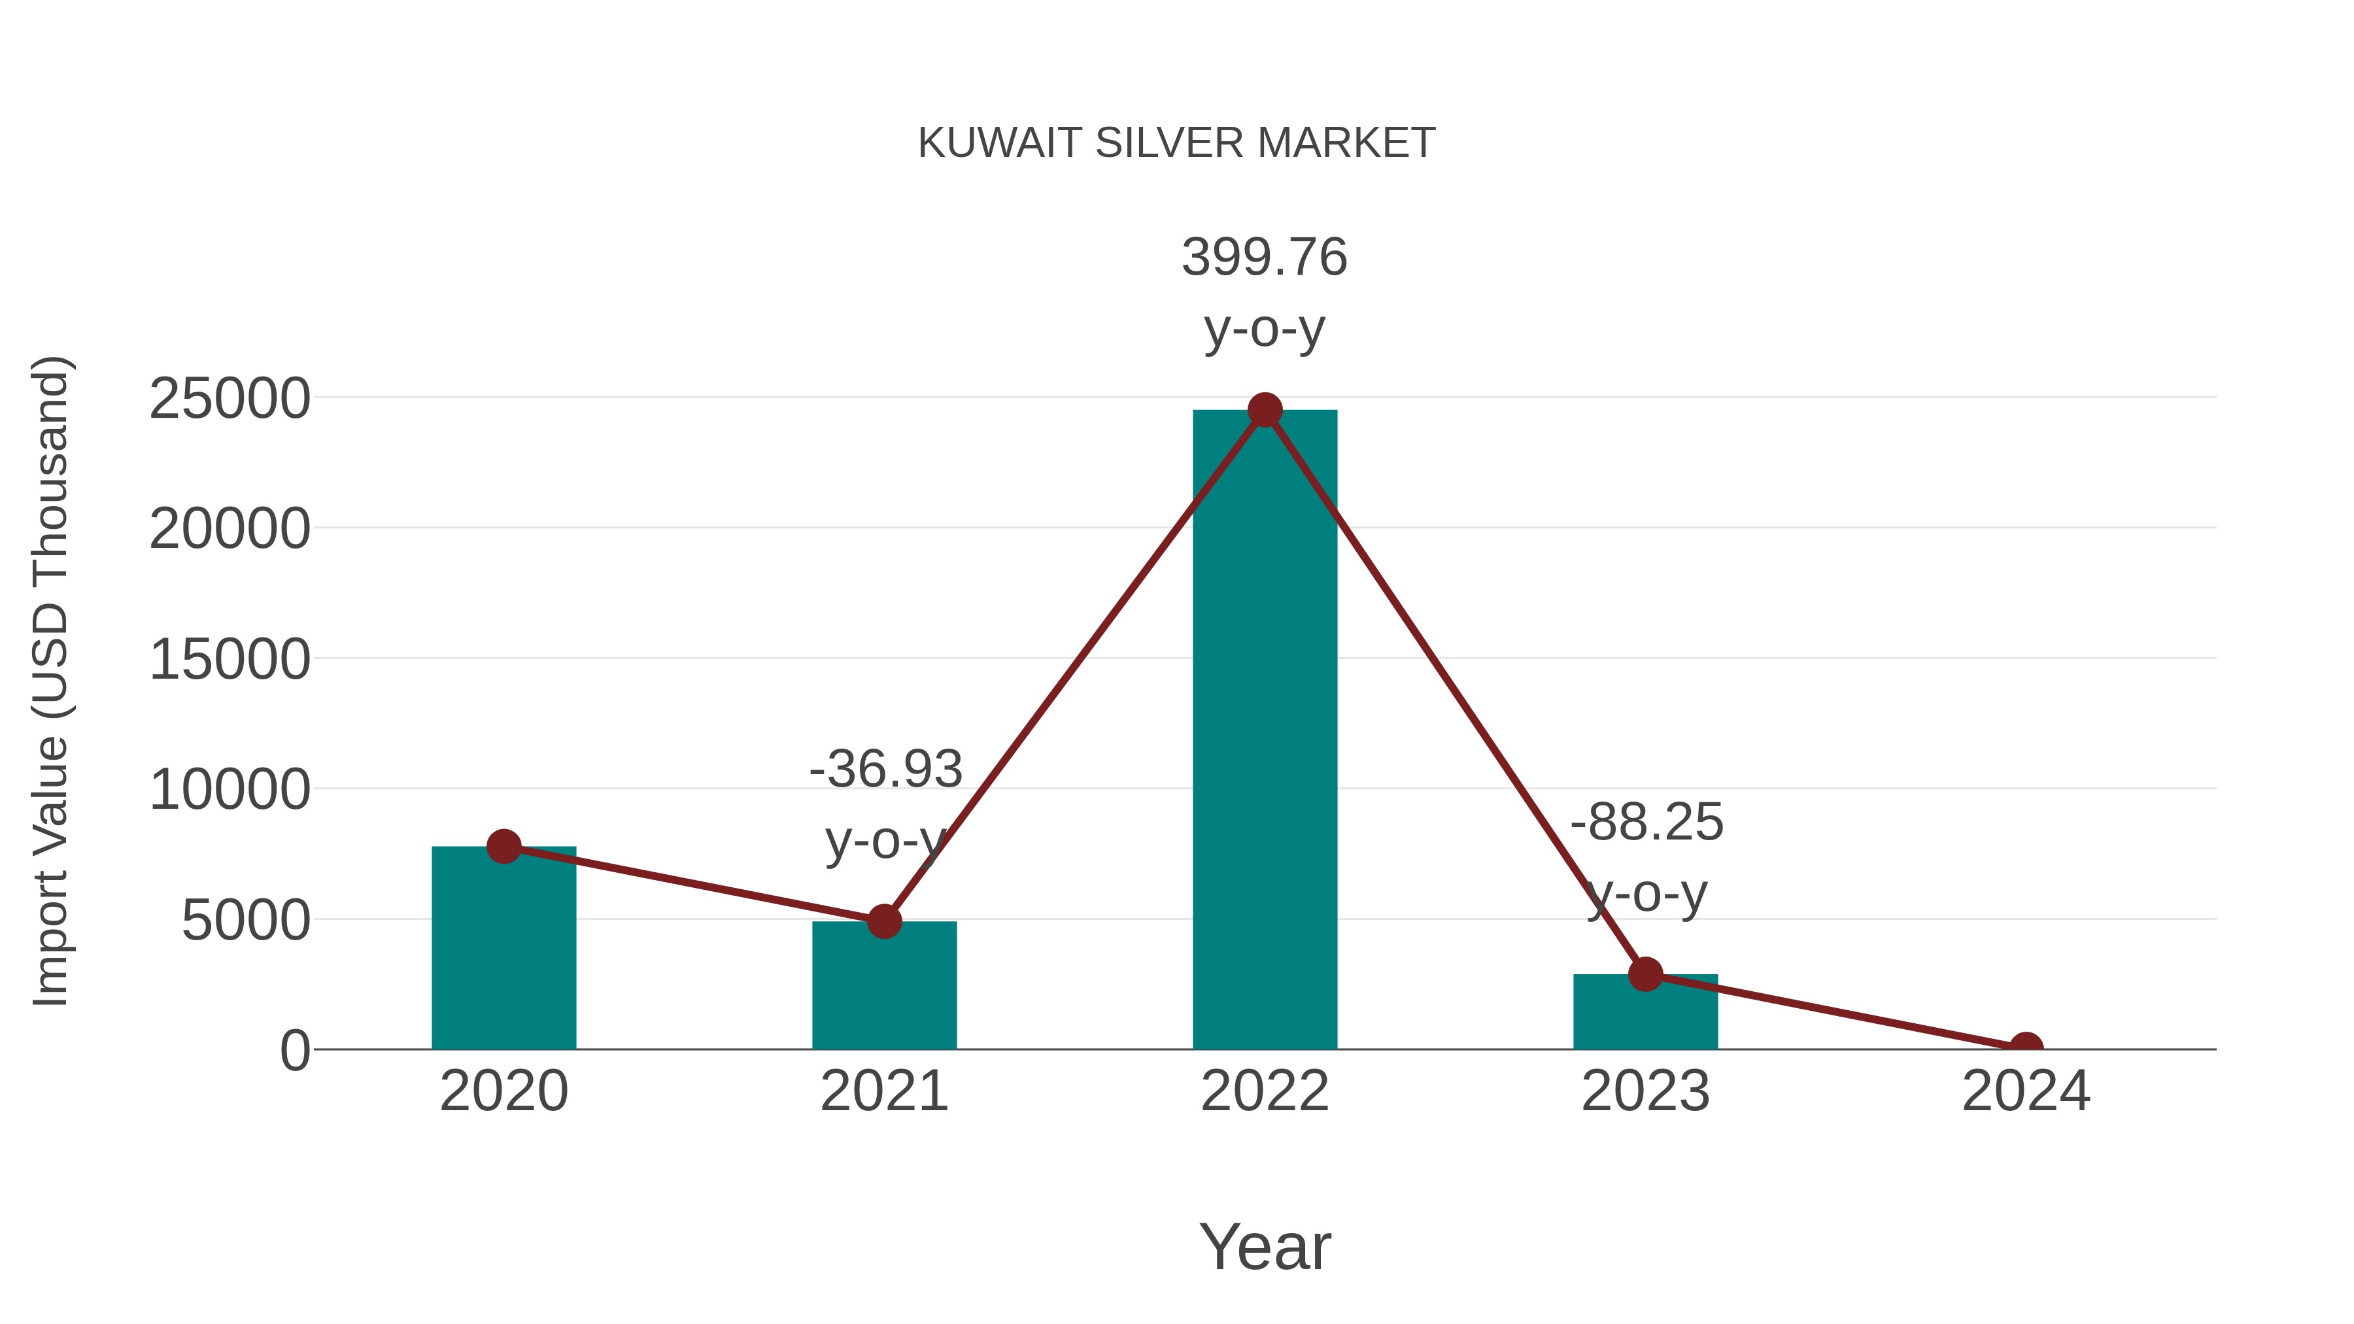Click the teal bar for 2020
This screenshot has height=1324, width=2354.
(x=503, y=950)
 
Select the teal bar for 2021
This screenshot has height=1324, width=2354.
(x=883, y=987)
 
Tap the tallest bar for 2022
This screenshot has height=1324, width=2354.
(x=1264, y=731)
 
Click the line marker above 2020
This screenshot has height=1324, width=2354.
(x=503, y=846)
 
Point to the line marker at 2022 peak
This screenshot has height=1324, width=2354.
(x=1264, y=410)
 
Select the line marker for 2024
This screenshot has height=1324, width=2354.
(x=2026, y=1047)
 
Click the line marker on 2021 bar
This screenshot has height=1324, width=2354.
(x=883, y=922)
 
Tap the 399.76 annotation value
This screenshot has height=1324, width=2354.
(x=1264, y=257)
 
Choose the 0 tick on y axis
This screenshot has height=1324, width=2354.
(x=294, y=1050)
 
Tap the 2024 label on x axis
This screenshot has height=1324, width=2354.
(x=2026, y=1091)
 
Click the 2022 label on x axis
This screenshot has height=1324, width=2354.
(x=1264, y=1091)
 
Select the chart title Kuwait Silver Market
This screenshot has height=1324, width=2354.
(x=1176, y=143)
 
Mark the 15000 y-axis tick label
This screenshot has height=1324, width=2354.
(x=230, y=660)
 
